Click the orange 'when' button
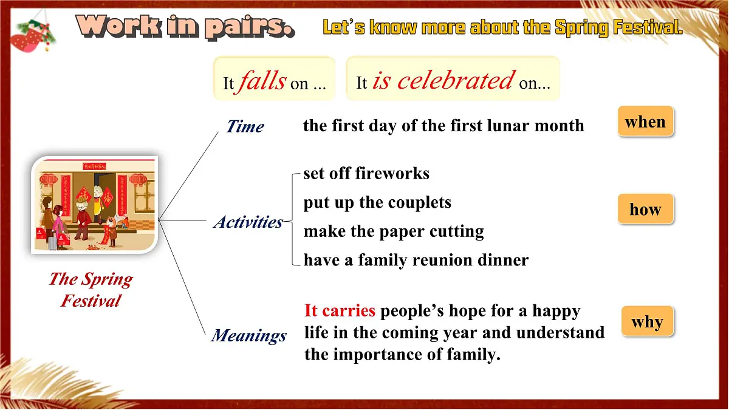tap(646, 121)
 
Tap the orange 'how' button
tap(646, 209)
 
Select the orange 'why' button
tap(648, 321)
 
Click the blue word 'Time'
tap(245, 126)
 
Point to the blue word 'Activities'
tap(248, 222)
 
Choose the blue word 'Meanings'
tap(249, 336)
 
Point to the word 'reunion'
tap(442, 261)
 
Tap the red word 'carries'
tap(349, 310)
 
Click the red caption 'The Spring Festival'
tap(91, 290)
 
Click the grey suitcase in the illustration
tap(53, 243)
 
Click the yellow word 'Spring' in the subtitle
tap(581, 27)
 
